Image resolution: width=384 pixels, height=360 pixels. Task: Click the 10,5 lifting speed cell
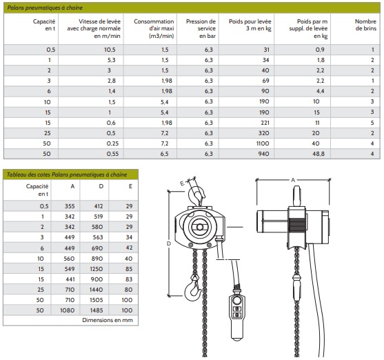(110, 50)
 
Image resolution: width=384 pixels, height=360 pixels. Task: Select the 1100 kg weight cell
(263, 143)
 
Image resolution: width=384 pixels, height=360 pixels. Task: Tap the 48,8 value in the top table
(319, 154)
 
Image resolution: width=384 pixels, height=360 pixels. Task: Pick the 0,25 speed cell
(112, 143)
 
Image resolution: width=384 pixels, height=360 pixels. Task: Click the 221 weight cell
(265, 123)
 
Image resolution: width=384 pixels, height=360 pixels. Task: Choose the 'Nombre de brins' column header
(365, 25)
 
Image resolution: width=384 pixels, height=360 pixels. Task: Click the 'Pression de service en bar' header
(201, 29)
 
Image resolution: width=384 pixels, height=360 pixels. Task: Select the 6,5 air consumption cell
(165, 154)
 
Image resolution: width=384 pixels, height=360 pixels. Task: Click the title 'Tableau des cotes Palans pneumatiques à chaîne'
(67, 174)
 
